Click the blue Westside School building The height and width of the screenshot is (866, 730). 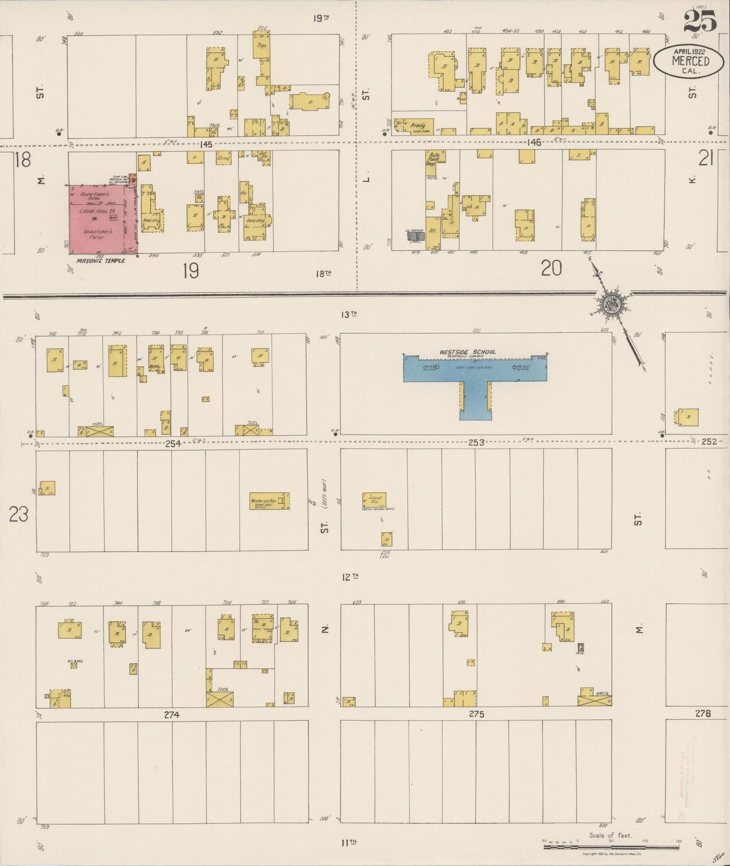tap(475, 369)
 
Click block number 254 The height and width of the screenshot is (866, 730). tap(173, 443)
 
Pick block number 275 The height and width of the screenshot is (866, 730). tap(476, 714)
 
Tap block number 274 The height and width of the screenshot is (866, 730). tap(172, 715)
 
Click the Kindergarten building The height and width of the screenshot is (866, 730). tap(269, 501)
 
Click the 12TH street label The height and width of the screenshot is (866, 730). tap(349, 576)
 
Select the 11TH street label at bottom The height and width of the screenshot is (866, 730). tap(349, 842)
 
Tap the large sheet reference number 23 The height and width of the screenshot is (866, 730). tap(19, 515)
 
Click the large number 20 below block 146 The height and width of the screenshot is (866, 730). tap(551, 268)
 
